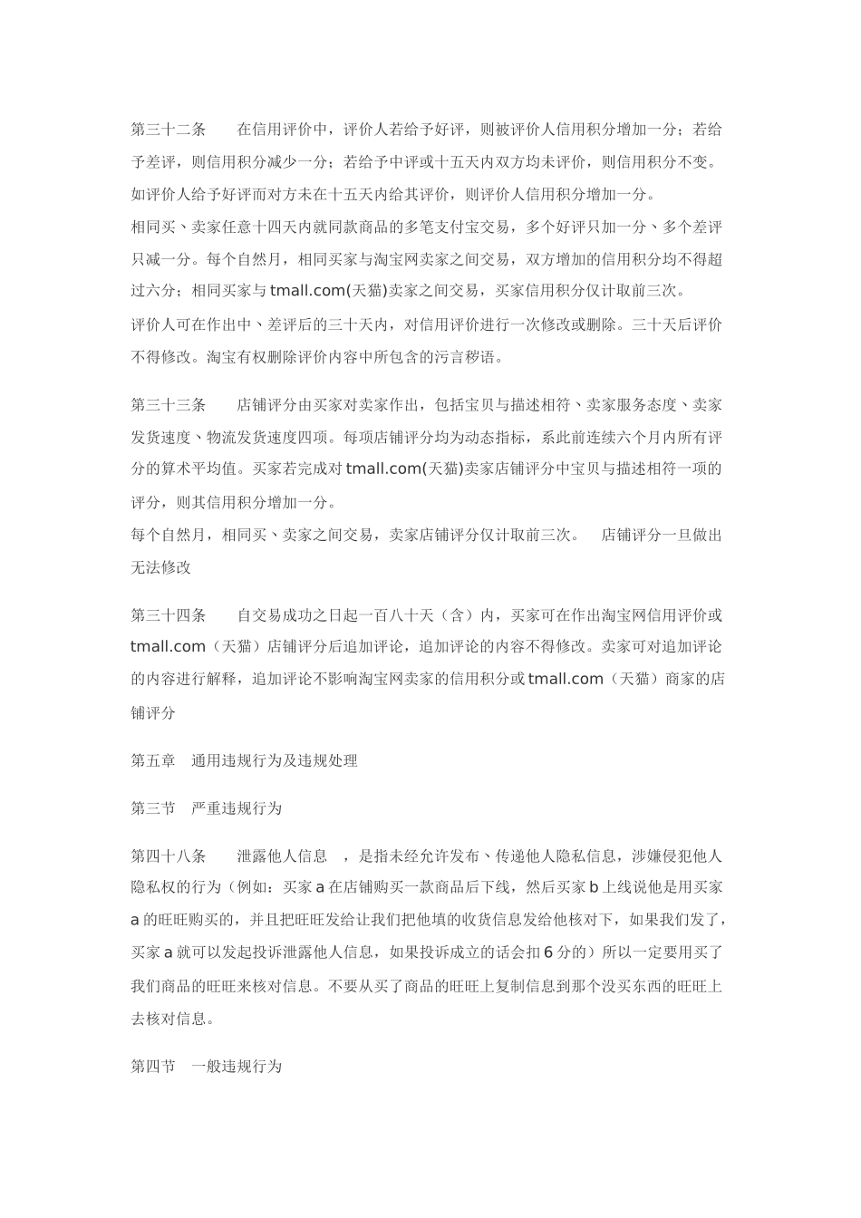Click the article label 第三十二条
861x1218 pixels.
point(169,130)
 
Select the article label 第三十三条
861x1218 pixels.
point(169,404)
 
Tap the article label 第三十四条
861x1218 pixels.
point(169,615)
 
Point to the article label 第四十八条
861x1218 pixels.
point(169,855)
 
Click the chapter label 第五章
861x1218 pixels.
point(153,760)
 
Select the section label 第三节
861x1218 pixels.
point(153,807)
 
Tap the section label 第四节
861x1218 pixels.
point(153,1067)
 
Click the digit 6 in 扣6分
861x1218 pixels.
point(549,952)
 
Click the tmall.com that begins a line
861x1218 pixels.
point(169,647)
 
